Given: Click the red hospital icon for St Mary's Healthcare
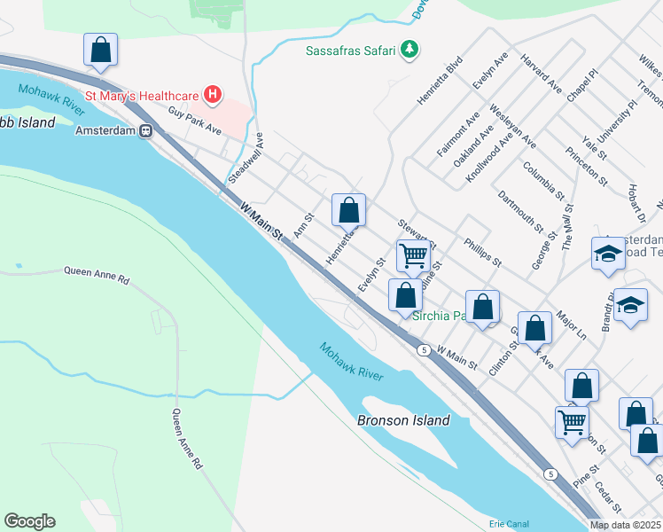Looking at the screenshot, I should (x=213, y=93).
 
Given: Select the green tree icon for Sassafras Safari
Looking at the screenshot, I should (x=409, y=50).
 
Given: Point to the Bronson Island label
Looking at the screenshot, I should (x=403, y=420).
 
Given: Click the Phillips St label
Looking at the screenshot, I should (x=483, y=252).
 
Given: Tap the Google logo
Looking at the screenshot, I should (x=29, y=521).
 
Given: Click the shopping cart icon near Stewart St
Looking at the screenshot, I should (x=414, y=255).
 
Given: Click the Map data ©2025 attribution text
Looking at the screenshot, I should (x=625, y=524).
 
